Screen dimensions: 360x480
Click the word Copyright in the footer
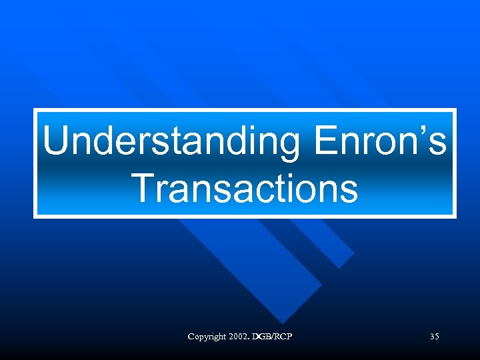[208, 337]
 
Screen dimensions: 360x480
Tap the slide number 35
[434, 337]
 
